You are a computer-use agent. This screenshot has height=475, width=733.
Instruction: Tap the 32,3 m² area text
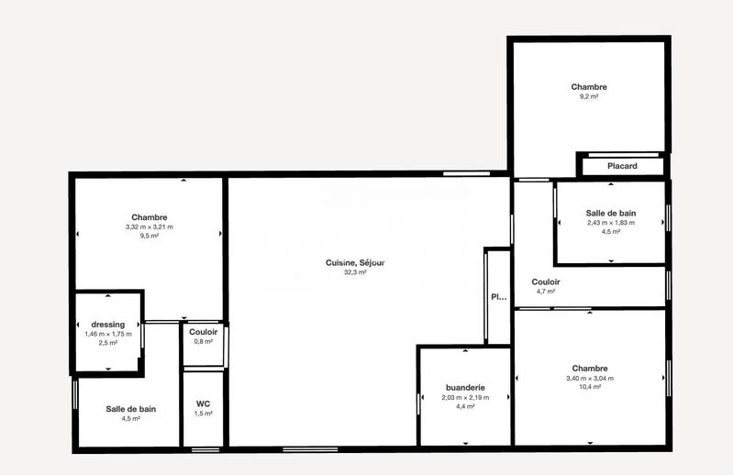click(x=355, y=272)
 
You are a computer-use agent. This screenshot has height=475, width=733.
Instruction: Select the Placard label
click(x=622, y=166)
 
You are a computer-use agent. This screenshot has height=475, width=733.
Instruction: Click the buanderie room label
click(x=465, y=388)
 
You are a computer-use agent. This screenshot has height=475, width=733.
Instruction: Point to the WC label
click(x=204, y=403)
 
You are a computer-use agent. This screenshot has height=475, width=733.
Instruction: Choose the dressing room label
click(x=108, y=324)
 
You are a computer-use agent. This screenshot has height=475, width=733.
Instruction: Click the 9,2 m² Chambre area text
click(x=588, y=96)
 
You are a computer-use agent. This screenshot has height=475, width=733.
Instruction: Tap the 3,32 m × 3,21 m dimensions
click(x=149, y=226)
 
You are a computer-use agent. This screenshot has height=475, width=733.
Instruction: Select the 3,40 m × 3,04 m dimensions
click(x=590, y=378)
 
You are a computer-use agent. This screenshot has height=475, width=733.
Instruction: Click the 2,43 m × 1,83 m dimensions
click(x=611, y=222)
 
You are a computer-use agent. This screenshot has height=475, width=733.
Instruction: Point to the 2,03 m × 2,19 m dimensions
click(x=465, y=397)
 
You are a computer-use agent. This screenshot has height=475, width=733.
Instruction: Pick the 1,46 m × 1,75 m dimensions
click(x=108, y=334)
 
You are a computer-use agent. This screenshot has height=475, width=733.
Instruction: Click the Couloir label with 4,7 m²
click(x=546, y=282)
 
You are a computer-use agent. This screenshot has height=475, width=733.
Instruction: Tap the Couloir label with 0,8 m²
click(x=203, y=331)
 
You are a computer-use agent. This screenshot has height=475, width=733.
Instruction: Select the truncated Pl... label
click(x=498, y=296)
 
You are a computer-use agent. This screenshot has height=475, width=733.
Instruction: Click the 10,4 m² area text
click(x=590, y=387)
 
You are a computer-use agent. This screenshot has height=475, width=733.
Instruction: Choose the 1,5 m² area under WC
click(x=204, y=414)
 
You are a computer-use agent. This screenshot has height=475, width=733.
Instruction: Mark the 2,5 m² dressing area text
click(x=108, y=343)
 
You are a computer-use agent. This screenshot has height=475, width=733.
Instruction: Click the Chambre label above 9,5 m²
click(x=149, y=217)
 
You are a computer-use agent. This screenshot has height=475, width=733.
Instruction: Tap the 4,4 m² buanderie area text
click(x=465, y=406)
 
